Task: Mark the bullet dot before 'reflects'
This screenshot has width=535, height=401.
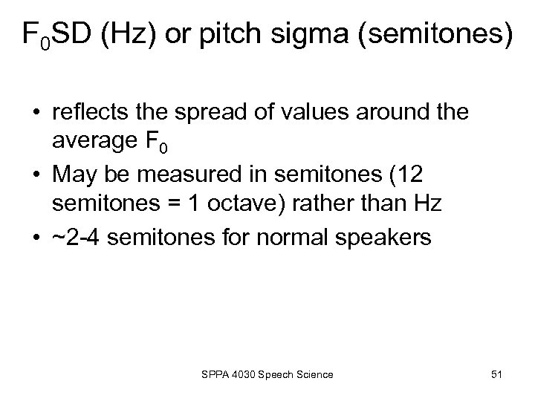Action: point(37,114)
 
